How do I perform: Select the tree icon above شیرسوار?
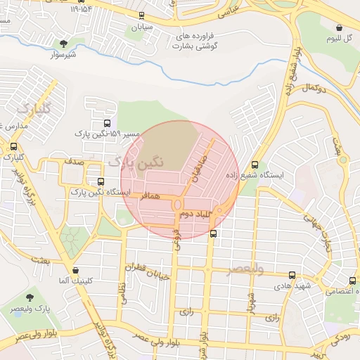point(64,44)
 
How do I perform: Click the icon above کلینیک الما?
point(76,270)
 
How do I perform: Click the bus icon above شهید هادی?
point(292,276)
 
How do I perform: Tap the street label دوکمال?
point(316,88)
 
